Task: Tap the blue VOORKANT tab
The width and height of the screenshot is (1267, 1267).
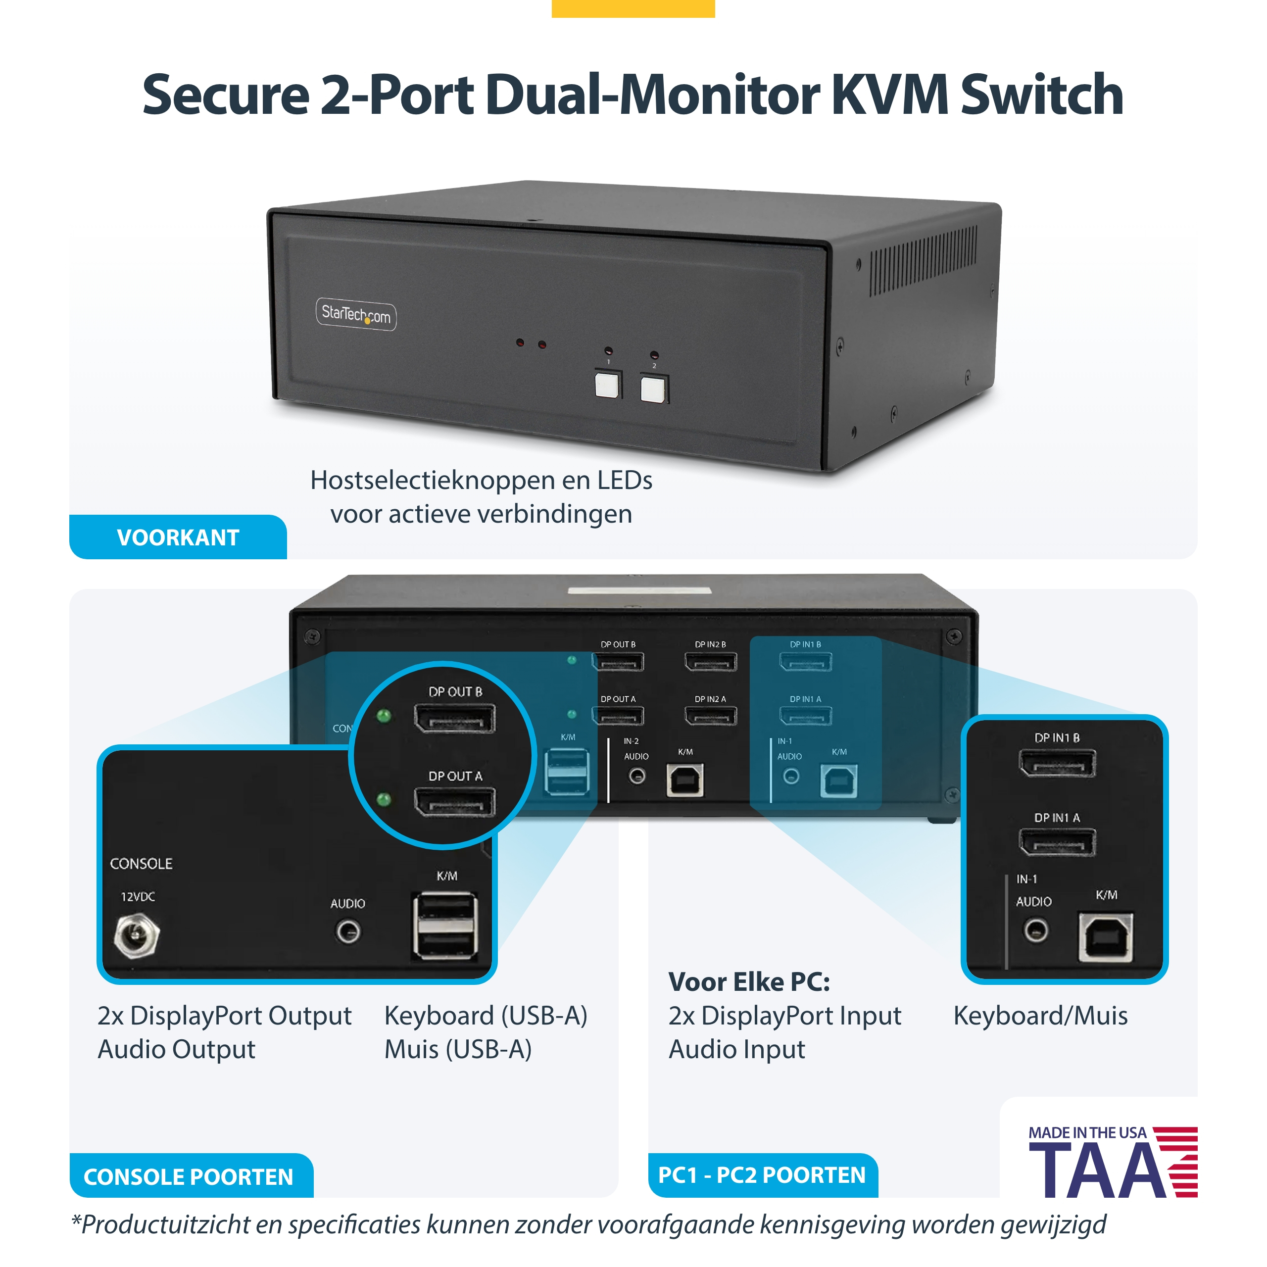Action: click(x=178, y=537)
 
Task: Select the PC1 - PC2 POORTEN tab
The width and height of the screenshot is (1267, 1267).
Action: click(x=763, y=1175)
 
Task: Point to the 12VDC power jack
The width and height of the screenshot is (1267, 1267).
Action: click(x=137, y=936)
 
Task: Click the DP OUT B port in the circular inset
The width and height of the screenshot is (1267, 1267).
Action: click(x=454, y=718)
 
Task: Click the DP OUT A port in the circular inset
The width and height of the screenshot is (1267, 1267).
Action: click(x=454, y=802)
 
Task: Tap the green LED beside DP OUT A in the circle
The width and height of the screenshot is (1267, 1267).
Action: click(x=384, y=799)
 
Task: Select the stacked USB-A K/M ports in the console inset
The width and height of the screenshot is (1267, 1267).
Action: click(x=445, y=926)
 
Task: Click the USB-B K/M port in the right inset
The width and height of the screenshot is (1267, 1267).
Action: click(x=1106, y=936)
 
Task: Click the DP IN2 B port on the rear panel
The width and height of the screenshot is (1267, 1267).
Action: click(x=711, y=662)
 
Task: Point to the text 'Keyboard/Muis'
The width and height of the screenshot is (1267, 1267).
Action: click(x=1041, y=1015)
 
